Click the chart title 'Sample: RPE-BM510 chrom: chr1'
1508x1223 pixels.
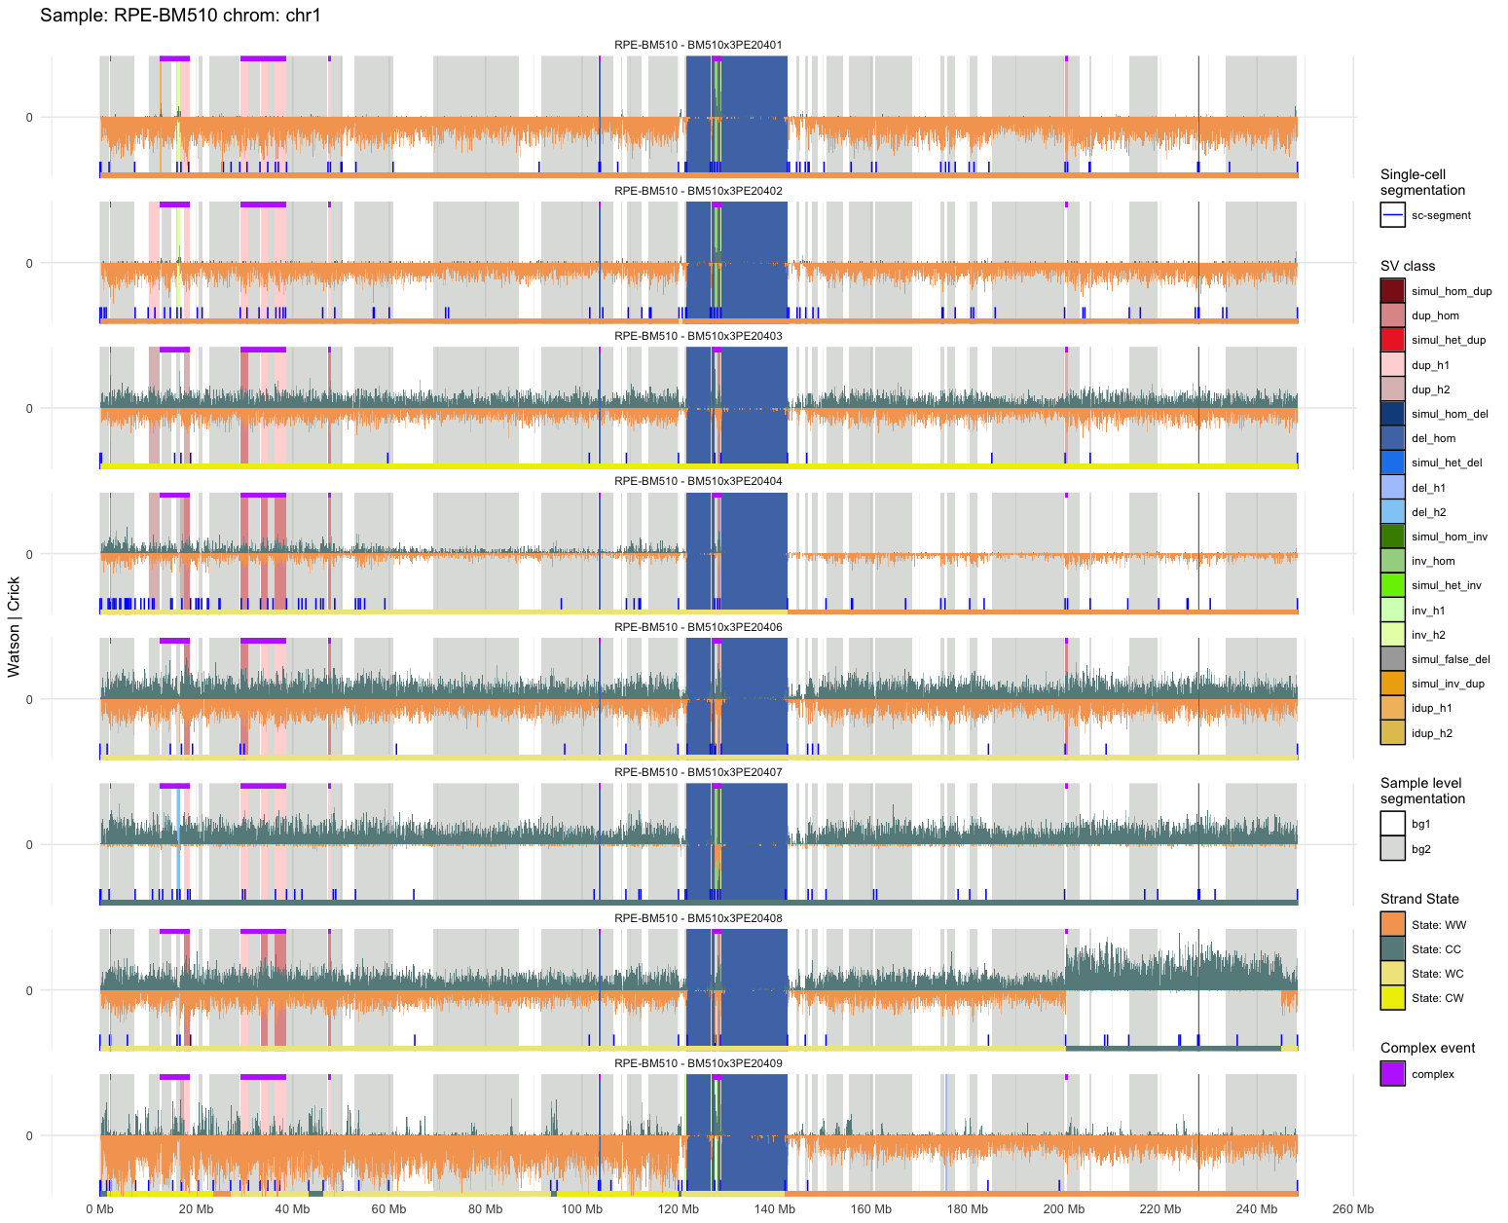click(180, 16)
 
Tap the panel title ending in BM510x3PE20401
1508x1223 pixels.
click(698, 45)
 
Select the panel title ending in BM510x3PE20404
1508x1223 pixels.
click(698, 481)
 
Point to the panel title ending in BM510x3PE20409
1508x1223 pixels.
click(698, 1063)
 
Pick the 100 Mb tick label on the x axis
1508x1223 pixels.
click(581, 1209)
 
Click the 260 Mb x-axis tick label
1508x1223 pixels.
click(1353, 1209)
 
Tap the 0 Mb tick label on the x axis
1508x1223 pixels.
click(99, 1209)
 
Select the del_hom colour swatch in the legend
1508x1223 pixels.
click(1392, 438)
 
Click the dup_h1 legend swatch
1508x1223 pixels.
click(1392, 365)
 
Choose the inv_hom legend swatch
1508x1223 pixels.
click(1392, 561)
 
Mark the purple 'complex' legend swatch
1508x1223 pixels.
click(1392, 1074)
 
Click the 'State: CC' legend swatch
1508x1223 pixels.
click(1392, 949)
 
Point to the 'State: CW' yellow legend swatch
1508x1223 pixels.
click(1392, 998)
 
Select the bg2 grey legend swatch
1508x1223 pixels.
click(1392, 849)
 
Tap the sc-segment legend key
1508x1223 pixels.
click(1392, 215)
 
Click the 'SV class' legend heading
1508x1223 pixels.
click(1407, 266)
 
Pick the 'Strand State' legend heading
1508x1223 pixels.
click(1419, 899)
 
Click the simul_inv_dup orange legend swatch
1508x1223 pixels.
click(1392, 684)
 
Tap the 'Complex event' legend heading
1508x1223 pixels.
click(1427, 1048)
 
